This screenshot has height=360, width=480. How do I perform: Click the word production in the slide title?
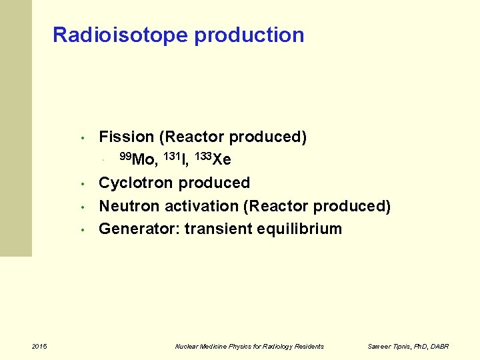pos(249,35)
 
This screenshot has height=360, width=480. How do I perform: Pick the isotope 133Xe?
pos(213,159)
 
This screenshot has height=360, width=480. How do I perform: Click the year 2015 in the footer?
pos(39,346)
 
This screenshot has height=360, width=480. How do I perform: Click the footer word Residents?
pos(308,346)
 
